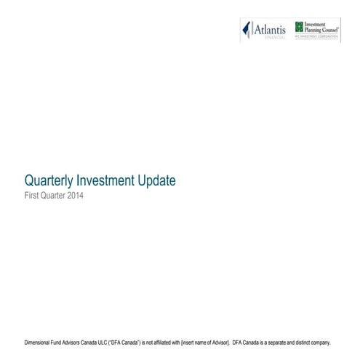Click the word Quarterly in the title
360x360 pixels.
[49, 180]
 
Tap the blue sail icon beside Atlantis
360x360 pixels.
[247, 30]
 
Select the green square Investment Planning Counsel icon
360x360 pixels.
[299, 26]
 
